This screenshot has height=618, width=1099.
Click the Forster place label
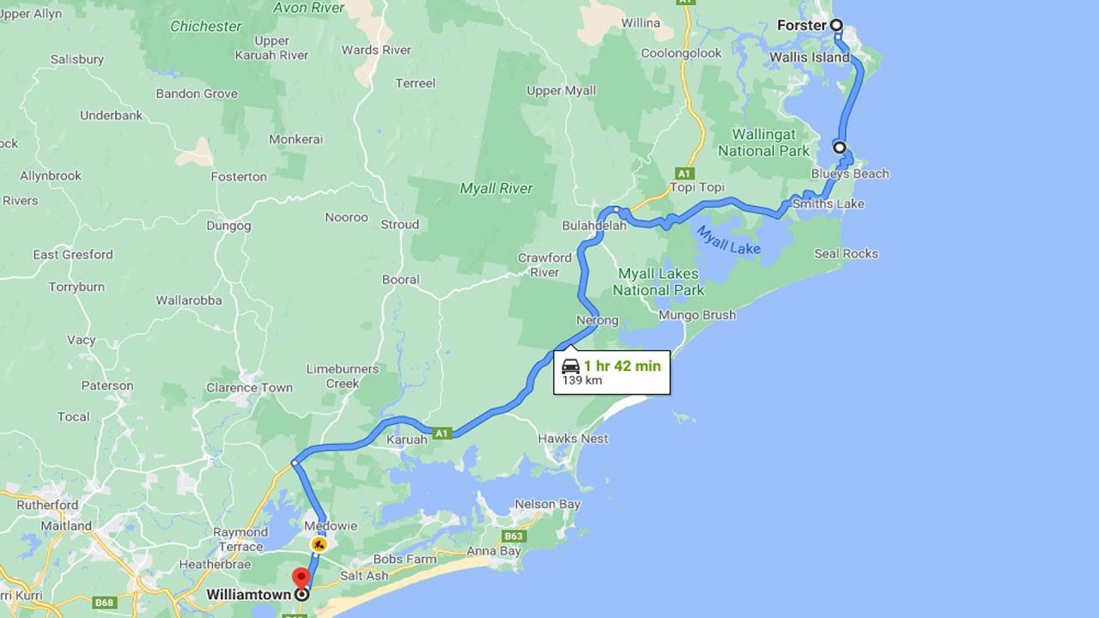801,26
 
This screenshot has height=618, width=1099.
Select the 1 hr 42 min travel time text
622,366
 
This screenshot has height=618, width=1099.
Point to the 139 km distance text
582,380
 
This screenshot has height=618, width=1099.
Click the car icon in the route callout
570,367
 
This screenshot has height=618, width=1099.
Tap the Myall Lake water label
727,239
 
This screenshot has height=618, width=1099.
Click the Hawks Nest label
573,439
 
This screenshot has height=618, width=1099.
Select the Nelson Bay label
547,504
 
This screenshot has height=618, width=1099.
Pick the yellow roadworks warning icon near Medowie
319,543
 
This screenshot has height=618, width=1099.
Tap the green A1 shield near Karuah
441,433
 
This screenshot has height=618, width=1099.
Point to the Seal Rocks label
846,253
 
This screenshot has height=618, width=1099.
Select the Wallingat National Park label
763,142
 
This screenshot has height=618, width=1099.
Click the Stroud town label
400,224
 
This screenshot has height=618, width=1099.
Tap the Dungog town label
228,226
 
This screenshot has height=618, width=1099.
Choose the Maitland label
66,525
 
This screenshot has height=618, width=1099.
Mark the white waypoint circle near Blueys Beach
840,148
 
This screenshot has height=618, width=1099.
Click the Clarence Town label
249,387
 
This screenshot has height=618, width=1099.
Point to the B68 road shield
105,603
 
